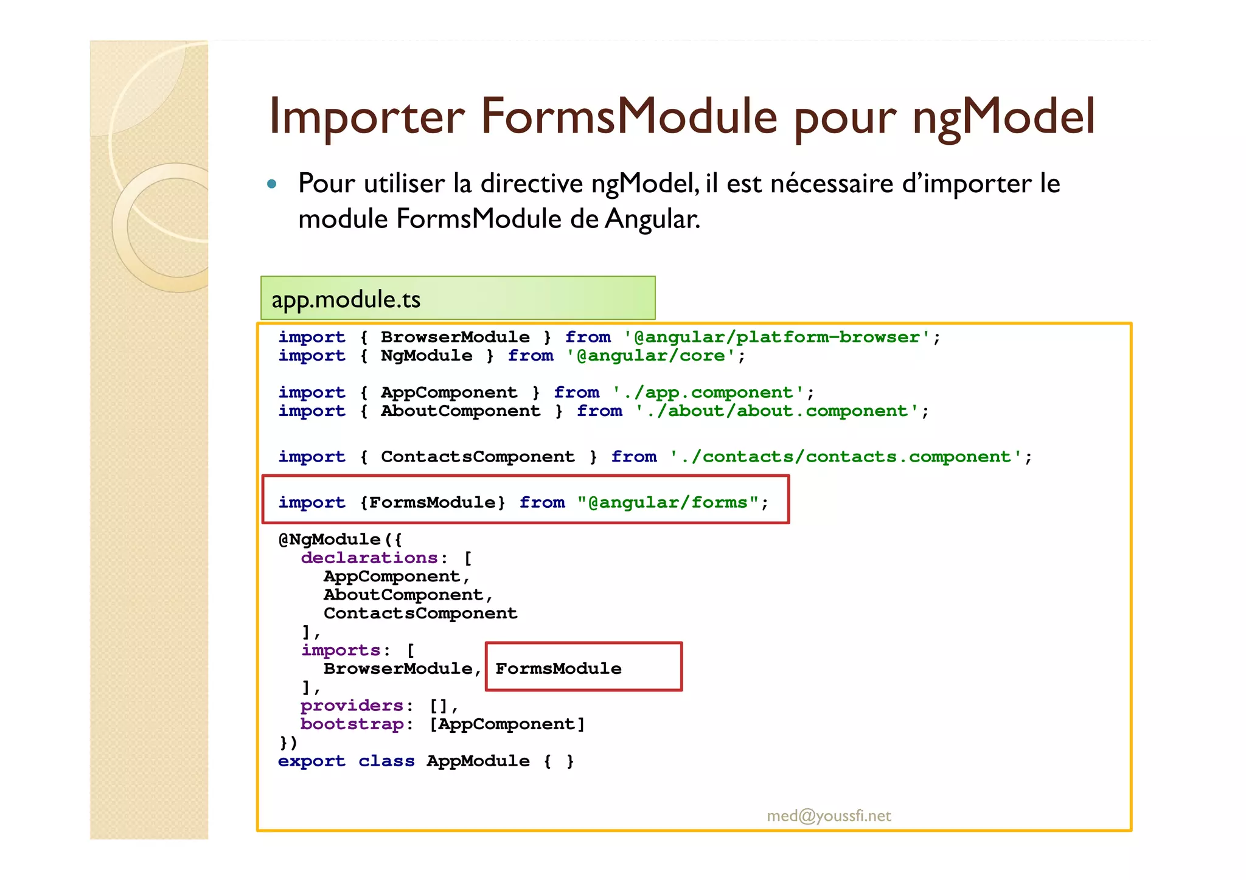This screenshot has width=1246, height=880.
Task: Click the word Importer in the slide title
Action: click(366, 117)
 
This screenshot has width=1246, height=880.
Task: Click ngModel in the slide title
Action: click(1003, 117)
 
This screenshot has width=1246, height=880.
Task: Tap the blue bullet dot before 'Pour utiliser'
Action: click(272, 184)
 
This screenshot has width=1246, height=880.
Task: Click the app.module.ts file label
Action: click(346, 299)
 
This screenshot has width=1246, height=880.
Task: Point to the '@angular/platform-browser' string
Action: click(777, 337)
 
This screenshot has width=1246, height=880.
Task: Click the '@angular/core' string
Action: click(651, 356)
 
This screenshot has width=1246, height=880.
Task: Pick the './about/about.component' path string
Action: click(777, 411)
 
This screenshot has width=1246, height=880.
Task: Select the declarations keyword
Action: click(369, 558)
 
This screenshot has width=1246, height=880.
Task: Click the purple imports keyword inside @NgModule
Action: click(341, 650)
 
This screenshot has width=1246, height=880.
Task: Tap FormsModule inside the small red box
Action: click(558, 669)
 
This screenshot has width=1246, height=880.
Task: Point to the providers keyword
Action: click(352, 706)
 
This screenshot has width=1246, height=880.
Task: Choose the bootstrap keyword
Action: click(352, 724)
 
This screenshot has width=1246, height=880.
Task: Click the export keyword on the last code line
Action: click(311, 761)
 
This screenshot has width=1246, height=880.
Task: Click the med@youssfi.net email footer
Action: click(829, 816)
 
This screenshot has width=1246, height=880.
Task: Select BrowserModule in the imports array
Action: click(398, 669)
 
